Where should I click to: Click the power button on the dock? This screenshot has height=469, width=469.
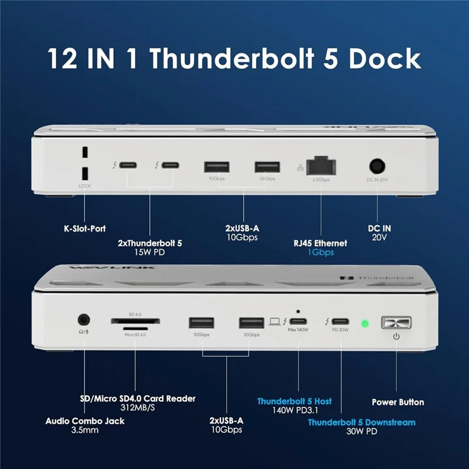[x=396, y=322]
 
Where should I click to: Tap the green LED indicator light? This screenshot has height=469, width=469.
[x=364, y=323]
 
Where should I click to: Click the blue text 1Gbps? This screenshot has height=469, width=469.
[x=321, y=252]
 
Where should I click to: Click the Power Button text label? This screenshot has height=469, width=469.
[x=398, y=402]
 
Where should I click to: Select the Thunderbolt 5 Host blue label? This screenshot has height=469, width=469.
[x=294, y=402]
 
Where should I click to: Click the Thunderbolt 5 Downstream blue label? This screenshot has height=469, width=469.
[x=362, y=422]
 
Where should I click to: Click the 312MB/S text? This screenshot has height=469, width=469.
[x=137, y=409]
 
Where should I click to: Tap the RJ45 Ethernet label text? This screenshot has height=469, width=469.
[x=321, y=242]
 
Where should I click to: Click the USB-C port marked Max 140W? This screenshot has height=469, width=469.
[x=298, y=321]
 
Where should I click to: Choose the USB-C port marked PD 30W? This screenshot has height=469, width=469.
[x=341, y=321]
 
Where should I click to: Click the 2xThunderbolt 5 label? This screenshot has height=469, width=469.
[x=151, y=242]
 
